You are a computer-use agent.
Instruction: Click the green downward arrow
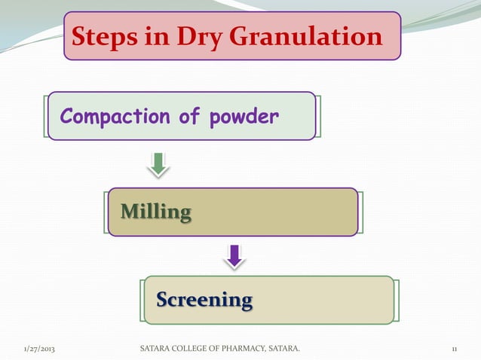pyautogui.click(x=158, y=164)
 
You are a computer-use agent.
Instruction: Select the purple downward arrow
pyautogui.click(x=235, y=255)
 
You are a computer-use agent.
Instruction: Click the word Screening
pyautogui.click(x=204, y=300)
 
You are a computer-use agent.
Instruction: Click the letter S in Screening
pyautogui.click(x=161, y=300)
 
